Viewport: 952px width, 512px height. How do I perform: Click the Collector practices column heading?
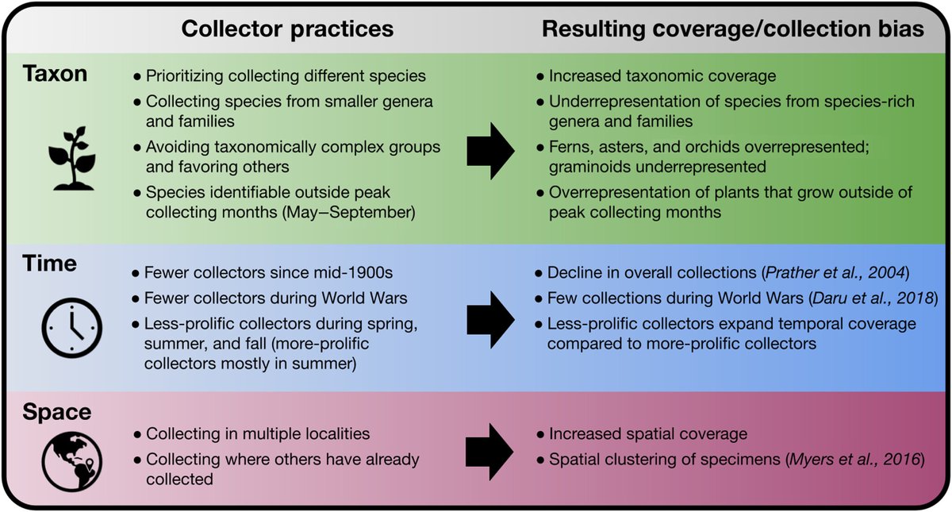coord(288,29)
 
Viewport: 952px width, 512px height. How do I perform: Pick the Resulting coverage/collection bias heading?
coord(723,29)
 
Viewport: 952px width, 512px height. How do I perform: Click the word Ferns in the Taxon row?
coord(565,148)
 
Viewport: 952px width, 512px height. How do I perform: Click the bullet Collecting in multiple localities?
coord(258,434)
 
